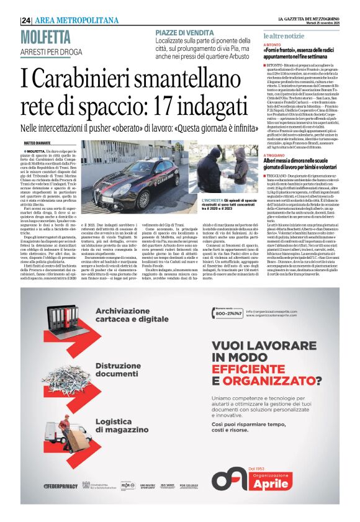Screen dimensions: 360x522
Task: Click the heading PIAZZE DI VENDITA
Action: [184, 32]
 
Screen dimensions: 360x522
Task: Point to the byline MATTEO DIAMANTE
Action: [38, 142]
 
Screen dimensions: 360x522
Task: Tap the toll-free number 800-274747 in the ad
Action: [228, 315]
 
